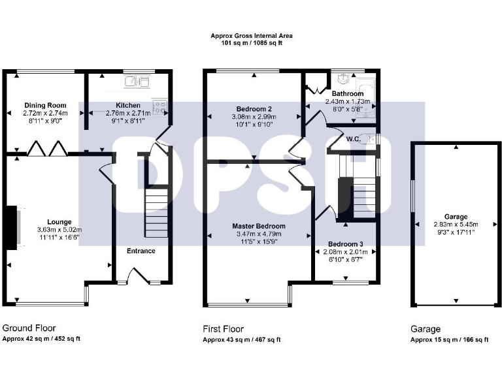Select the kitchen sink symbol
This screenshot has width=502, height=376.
click(x=138, y=82)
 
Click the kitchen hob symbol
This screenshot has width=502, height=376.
click(x=159, y=106)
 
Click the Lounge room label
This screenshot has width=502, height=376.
click(x=59, y=221)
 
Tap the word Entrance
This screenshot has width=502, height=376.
click(x=141, y=251)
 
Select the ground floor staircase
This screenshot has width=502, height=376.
click(x=156, y=202)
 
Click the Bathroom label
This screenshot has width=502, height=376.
click(x=348, y=93)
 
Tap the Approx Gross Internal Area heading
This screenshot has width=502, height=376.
click(x=251, y=36)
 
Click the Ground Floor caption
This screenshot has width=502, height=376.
click(x=29, y=328)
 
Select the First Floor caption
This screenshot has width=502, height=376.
click(x=224, y=329)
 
